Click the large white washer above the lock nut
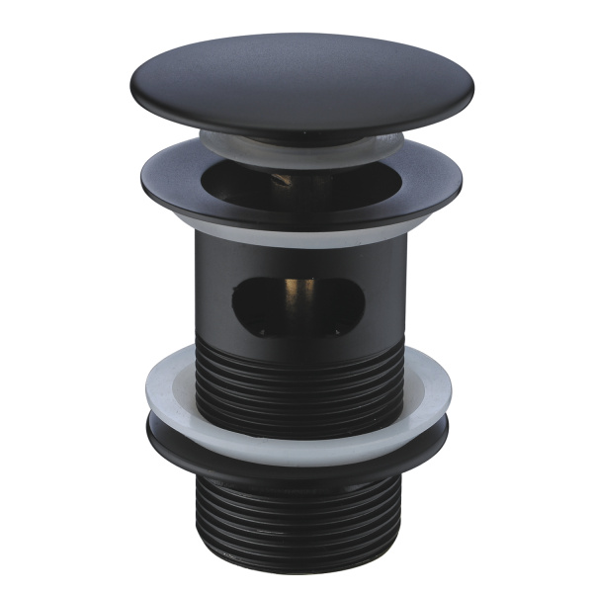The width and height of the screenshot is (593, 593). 296,392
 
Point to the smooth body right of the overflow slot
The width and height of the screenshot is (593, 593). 385,296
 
